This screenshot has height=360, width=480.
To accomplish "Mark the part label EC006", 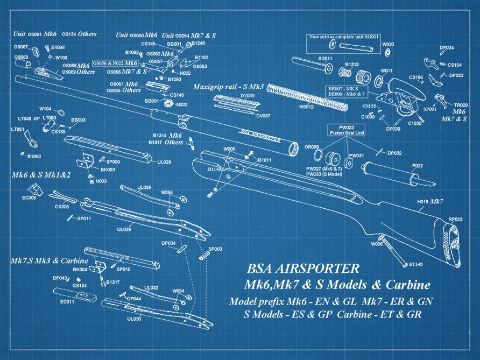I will (29, 198).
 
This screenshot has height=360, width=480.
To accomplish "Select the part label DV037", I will (263, 115).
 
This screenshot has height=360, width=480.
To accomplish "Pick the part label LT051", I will (18, 129).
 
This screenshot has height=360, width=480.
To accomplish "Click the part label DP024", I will (446, 48).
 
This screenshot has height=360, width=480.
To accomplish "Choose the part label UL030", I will (134, 319).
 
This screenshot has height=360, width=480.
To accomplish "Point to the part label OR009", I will (312, 146).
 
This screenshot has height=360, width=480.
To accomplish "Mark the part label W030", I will (388, 44).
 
